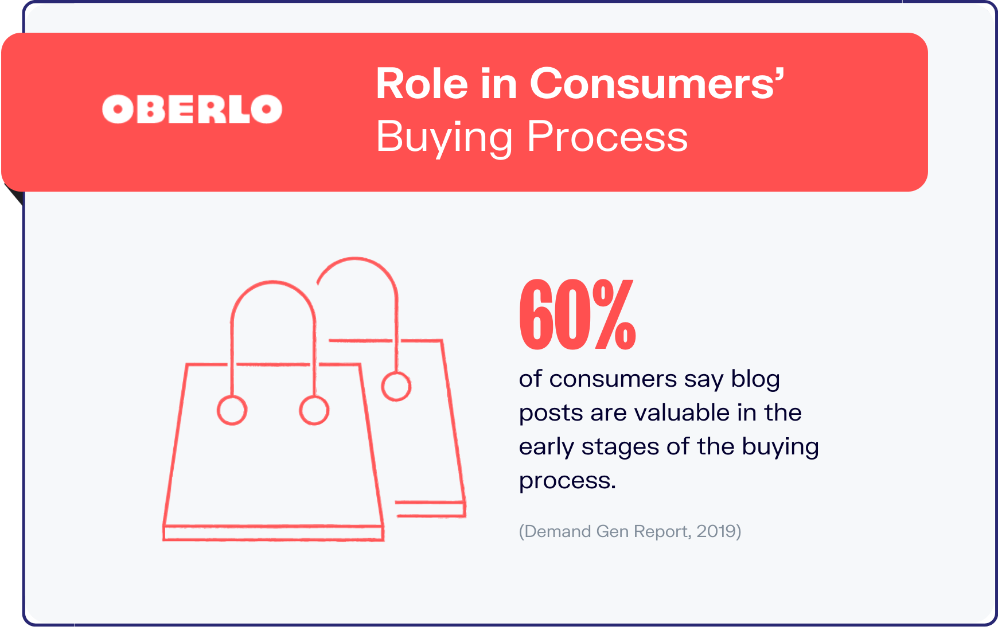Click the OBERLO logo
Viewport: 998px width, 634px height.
[192, 109]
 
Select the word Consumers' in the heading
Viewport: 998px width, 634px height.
[657, 84]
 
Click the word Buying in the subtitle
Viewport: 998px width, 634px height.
[444, 138]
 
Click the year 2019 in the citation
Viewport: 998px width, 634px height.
[716, 531]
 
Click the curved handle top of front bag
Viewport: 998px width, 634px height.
[274, 282]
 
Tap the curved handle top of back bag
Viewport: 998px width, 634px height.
[357, 259]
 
